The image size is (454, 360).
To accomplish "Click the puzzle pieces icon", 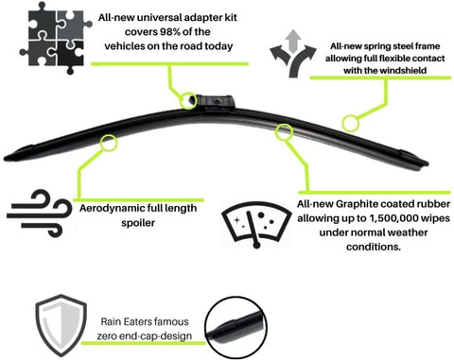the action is [x=56, y=38].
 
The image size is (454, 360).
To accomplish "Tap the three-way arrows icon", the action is [x=293, y=54].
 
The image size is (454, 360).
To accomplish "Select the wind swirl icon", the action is [x=40, y=214].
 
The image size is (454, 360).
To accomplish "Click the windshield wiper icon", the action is [x=256, y=224].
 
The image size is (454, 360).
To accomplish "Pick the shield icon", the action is [x=61, y=325].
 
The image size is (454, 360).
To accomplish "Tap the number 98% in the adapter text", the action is [x=172, y=32].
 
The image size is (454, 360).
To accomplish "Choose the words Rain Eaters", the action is [x=126, y=322].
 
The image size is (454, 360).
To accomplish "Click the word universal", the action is [x=159, y=17].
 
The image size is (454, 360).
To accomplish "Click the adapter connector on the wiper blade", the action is [x=216, y=102].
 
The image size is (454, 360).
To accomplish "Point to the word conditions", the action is [x=374, y=247].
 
